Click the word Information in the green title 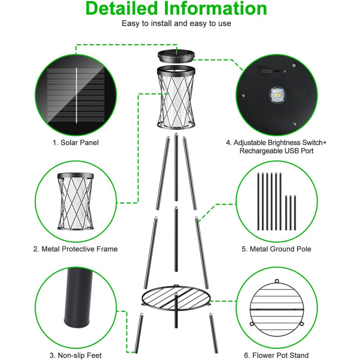216,9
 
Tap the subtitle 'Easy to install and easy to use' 176,23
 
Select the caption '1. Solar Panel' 76,143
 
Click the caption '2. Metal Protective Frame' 75,249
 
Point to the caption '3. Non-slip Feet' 76,355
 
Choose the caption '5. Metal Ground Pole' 276,249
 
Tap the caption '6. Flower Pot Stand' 276,355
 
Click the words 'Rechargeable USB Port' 276,151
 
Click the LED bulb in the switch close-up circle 277,95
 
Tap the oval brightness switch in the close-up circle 266,71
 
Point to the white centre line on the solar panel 76,95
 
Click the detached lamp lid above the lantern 176,57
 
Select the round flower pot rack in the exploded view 176,297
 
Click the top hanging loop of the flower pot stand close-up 277,281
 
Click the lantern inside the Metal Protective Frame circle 76,201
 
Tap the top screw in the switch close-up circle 294,65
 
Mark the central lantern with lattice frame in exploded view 176,97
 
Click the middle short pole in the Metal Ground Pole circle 290,212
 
